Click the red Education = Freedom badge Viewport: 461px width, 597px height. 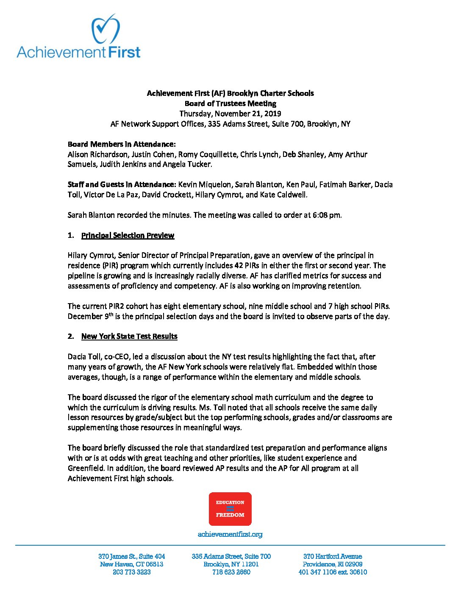pos(230,508)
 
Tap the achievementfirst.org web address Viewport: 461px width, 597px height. pos(230,534)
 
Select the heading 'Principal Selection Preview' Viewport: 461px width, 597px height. pos(128,235)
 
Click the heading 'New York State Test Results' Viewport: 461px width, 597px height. pos(129,336)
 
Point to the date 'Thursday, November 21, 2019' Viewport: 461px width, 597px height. pos(230,114)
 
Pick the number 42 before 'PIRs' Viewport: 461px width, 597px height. pos(239,265)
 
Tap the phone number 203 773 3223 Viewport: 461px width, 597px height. pos(131,572)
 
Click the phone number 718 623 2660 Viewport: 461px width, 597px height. pos(231,572)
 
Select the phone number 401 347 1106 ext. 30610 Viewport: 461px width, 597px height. pos(333,572)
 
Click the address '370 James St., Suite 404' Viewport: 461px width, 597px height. pos(131,556)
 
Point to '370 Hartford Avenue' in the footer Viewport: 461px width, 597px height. pos(333,556)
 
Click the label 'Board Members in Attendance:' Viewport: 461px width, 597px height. pos(122,144)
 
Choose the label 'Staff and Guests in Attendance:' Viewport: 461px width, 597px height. pos(122,184)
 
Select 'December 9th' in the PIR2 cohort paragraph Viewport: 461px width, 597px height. pos(91,316)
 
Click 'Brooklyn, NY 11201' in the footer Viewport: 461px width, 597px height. pos(231,564)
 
